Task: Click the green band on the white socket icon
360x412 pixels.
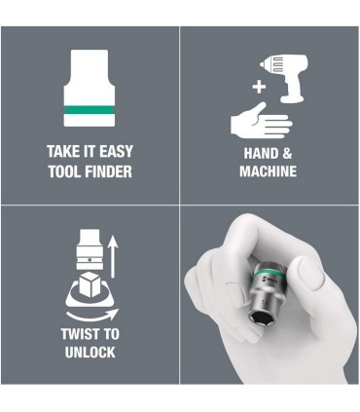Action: (x=90, y=114)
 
